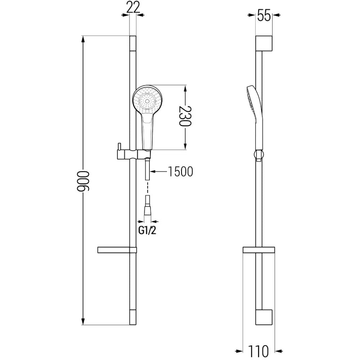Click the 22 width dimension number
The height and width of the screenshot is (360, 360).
point(133,8)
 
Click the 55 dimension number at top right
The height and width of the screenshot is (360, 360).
point(264,16)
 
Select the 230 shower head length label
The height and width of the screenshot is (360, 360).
point(185,116)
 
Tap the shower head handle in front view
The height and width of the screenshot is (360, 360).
point(147,131)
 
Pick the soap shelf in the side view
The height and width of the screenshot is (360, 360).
point(259,250)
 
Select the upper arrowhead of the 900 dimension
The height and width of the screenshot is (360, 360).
point(84,40)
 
